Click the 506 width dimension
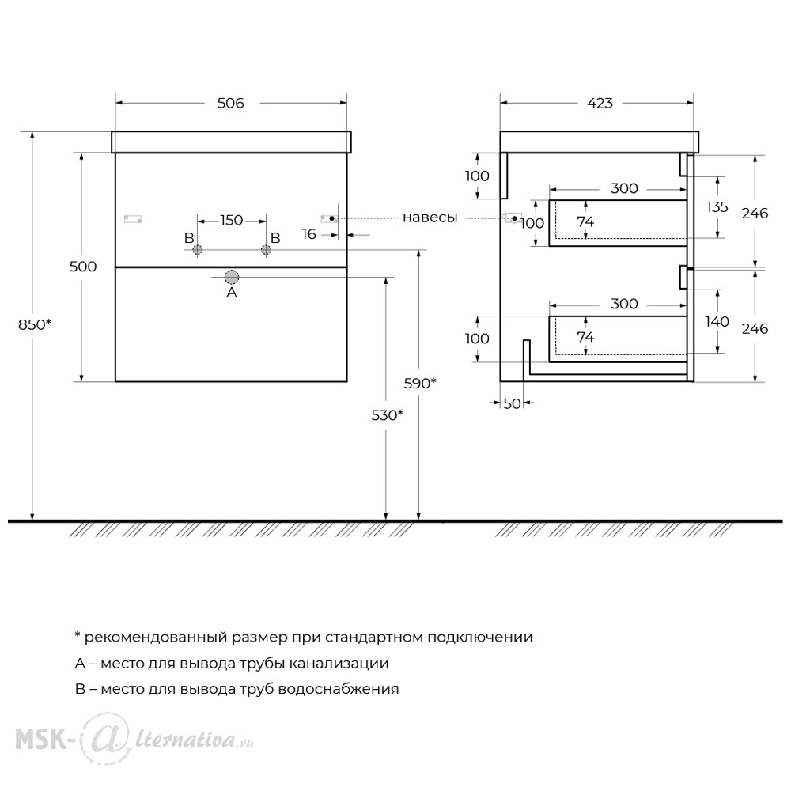coord(230,103)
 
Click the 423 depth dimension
coord(600,103)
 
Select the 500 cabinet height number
coord(83,267)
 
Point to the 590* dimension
coord(420,384)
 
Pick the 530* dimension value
coord(388,415)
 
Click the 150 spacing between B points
coord(232,221)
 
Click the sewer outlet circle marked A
coord(232,277)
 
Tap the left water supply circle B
coord(197,249)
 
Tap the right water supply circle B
coord(266,249)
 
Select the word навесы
coord(430,218)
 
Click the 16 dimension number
coord(308,234)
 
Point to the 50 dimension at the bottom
coord(512,403)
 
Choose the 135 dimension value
coord(717,206)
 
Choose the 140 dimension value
coord(717,321)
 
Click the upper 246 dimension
coord(755,214)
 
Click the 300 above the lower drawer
coord(624,304)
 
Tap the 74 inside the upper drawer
coord(585,222)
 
